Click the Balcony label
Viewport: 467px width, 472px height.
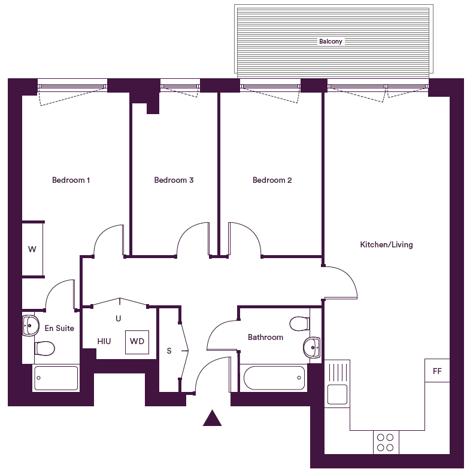click(x=330, y=42)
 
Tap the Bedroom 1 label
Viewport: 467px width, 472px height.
click(x=71, y=180)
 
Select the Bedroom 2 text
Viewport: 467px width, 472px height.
click(x=272, y=180)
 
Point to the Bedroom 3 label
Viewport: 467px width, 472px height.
click(x=174, y=180)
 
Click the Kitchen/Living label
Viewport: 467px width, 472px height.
click(x=386, y=244)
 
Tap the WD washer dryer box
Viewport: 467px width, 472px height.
click(x=137, y=342)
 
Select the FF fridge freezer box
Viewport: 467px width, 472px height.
click(x=437, y=371)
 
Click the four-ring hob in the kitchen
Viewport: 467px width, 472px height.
click(x=386, y=442)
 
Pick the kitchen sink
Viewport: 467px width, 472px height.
click(x=336, y=394)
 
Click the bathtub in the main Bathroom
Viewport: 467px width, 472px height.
click(x=273, y=378)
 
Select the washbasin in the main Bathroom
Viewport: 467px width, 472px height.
click(x=311, y=347)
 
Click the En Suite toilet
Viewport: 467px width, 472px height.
click(x=44, y=348)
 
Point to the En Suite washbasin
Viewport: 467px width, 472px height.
click(x=31, y=326)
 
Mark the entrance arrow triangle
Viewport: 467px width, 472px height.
click(x=212, y=418)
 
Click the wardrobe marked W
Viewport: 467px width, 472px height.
click(x=32, y=249)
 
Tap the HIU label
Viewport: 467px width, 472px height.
click(x=104, y=341)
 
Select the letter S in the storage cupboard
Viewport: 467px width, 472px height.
click(x=169, y=351)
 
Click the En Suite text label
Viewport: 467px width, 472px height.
click(x=59, y=328)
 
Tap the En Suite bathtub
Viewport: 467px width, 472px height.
click(x=56, y=378)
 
